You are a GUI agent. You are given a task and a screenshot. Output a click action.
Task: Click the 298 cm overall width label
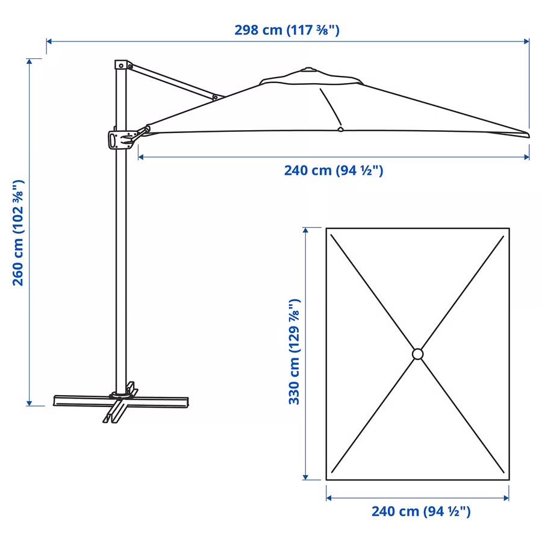pyautogui.click(x=287, y=30)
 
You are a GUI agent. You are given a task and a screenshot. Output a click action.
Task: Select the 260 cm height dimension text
pyautogui.click(x=19, y=232)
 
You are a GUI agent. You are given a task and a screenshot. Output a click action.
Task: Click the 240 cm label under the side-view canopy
pyautogui.click(x=334, y=170)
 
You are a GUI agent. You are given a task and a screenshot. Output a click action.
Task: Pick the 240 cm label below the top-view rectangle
pyautogui.click(x=420, y=512)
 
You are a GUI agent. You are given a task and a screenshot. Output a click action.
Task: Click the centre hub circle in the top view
pyautogui.click(x=418, y=354)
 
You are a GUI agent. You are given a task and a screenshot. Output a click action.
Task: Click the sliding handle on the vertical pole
pyautogui.click(x=119, y=139)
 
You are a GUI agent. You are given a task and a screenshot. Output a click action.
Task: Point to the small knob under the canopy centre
pyautogui.click(x=340, y=128)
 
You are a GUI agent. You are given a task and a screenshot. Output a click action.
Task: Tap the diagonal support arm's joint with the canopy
pyautogui.click(x=216, y=96)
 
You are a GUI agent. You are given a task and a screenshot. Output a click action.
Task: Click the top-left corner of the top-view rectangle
pyautogui.click(x=326, y=228)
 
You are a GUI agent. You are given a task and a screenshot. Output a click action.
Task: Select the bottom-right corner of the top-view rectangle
pyautogui.click(x=509, y=480)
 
